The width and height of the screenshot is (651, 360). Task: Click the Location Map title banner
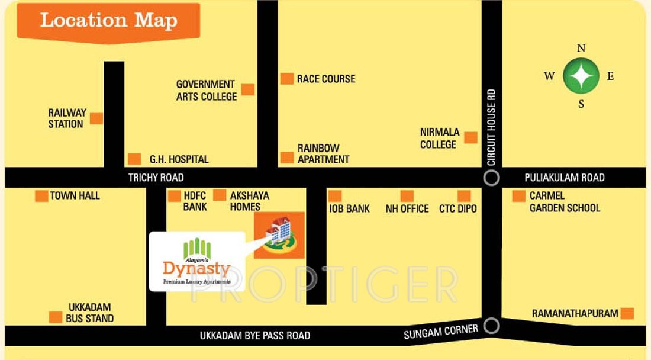click(108, 21)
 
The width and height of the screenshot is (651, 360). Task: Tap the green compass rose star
click(581, 76)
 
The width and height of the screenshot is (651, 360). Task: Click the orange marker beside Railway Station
click(96, 118)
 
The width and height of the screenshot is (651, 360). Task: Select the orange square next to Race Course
click(287, 79)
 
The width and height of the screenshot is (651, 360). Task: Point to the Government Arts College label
click(206, 90)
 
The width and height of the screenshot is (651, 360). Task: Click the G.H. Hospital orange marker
click(134, 159)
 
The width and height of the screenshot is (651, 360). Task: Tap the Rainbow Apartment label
click(323, 153)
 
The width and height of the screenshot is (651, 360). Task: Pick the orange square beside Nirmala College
click(470, 137)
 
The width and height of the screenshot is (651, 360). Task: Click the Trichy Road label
click(156, 178)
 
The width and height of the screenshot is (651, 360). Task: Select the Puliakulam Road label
click(565, 178)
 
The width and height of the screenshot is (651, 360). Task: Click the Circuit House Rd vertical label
click(491, 127)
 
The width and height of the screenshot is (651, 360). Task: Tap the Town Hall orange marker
click(41, 196)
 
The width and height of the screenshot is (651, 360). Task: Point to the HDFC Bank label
click(195, 201)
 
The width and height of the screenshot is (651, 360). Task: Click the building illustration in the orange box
click(279, 235)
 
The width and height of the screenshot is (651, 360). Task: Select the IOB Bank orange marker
click(335, 196)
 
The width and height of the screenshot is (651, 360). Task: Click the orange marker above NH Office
click(407, 196)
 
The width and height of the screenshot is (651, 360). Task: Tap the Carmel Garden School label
click(565, 202)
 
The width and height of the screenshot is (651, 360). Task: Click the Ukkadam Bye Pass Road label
click(254, 336)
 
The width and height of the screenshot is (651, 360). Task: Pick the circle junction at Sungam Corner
click(491, 326)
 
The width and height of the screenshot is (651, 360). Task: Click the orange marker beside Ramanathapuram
click(627, 313)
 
